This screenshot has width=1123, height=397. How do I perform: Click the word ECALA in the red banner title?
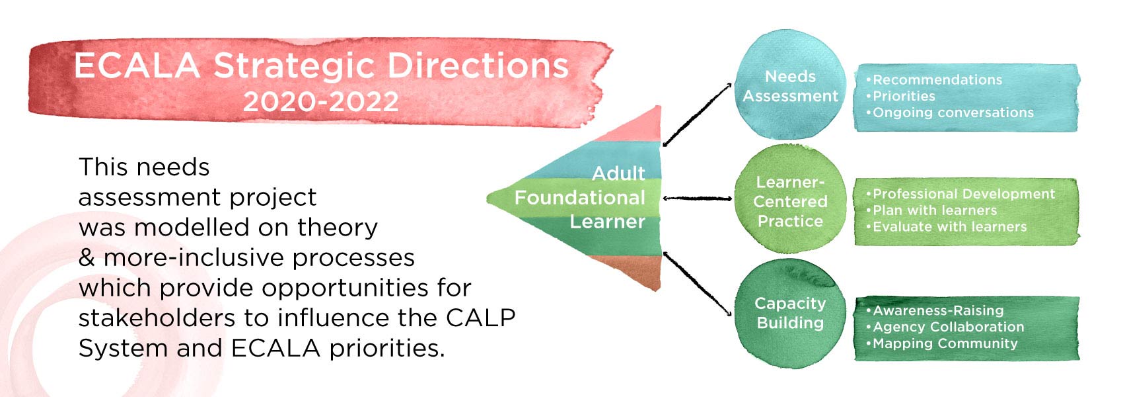(137, 66)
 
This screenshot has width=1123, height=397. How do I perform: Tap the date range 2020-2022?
(321, 102)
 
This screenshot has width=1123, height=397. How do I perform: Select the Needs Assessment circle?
(790, 87)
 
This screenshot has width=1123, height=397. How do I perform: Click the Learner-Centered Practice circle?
(790, 201)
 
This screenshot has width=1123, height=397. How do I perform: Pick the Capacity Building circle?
(790, 313)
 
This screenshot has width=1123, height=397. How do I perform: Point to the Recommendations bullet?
(937, 80)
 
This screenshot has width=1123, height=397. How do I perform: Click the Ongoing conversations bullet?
(953, 113)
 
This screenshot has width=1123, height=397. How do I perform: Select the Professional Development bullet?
(963, 194)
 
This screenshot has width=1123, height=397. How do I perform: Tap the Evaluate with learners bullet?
(949, 227)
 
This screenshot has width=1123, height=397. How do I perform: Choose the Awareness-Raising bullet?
(938, 310)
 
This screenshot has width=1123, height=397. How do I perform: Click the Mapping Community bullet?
(945, 343)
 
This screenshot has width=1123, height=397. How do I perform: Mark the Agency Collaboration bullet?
(948, 327)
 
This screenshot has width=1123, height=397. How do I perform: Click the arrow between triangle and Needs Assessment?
(697, 114)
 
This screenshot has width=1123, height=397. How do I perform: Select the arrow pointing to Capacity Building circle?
(697, 283)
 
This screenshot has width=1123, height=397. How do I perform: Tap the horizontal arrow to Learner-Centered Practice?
(697, 198)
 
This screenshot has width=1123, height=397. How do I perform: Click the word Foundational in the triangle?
(579, 198)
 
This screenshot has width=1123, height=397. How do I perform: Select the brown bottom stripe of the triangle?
(634, 270)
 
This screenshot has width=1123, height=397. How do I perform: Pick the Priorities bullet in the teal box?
(904, 97)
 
